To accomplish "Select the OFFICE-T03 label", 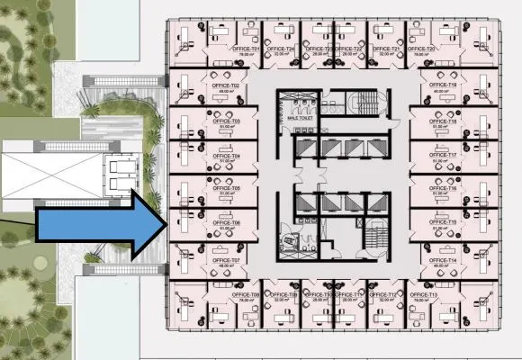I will pyautogui.click(x=226, y=121).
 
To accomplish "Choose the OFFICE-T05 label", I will pyautogui.click(x=226, y=188).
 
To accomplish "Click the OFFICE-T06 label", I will pyautogui.click(x=226, y=223).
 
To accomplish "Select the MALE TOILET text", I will pyautogui.click(x=300, y=118).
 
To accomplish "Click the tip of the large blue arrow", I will pyautogui.click(x=165, y=220).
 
